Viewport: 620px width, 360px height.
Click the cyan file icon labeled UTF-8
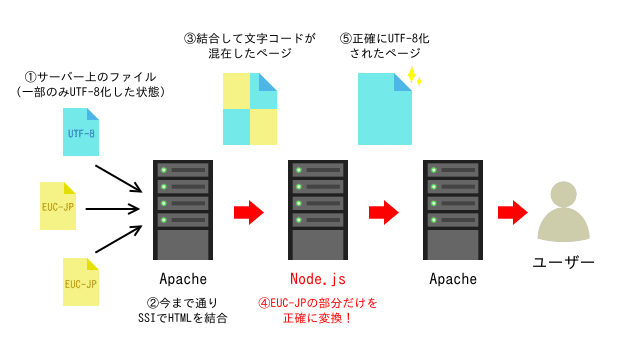pos(82,132)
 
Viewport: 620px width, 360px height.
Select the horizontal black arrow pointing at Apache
pos(118,210)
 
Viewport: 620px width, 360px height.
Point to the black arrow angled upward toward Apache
pos(124,241)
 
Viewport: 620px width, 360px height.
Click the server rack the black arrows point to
pos(182,210)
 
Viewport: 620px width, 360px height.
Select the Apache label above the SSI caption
pos(182,278)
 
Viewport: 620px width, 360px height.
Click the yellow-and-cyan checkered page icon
pos(249,110)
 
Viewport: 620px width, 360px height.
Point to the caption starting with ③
pos(249,47)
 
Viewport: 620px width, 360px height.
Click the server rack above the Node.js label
pos(317,210)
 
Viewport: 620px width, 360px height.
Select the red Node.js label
pos(317,278)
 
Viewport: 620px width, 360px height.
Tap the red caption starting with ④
pos(318,310)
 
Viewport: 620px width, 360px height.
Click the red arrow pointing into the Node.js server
pos(249,212)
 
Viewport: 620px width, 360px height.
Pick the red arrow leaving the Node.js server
pos(384,212)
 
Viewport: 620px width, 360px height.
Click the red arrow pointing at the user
pos(513,212)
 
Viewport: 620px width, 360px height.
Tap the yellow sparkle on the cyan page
pos(413,77)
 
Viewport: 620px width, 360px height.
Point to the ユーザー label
pos(564,262)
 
